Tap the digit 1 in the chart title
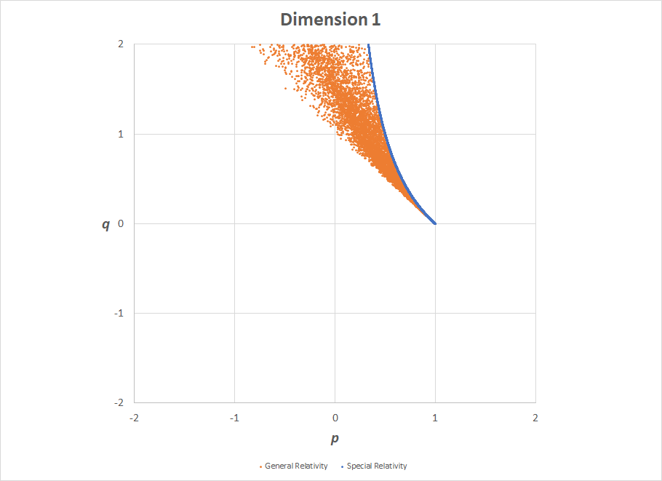tap(375, 20)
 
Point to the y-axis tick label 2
tap(120, 44)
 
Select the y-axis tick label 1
tap(120, 134)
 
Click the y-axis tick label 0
tap(120, 223)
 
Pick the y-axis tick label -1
tap(119, 313)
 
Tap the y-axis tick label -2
tap(119, 402)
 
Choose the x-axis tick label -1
tap(234, 418)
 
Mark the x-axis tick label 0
tap(335, 418)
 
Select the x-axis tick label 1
tap(435, 418)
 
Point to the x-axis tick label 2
tap(535, 418)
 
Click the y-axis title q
tap(105, 224)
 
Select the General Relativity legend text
tap(296, 466)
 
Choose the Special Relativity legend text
tap(377, 466)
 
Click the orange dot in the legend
tap(261, 466)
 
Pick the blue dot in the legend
tap(343, 466)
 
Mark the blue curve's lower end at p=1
tap(435, 223)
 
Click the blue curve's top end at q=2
tap(369, 45)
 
